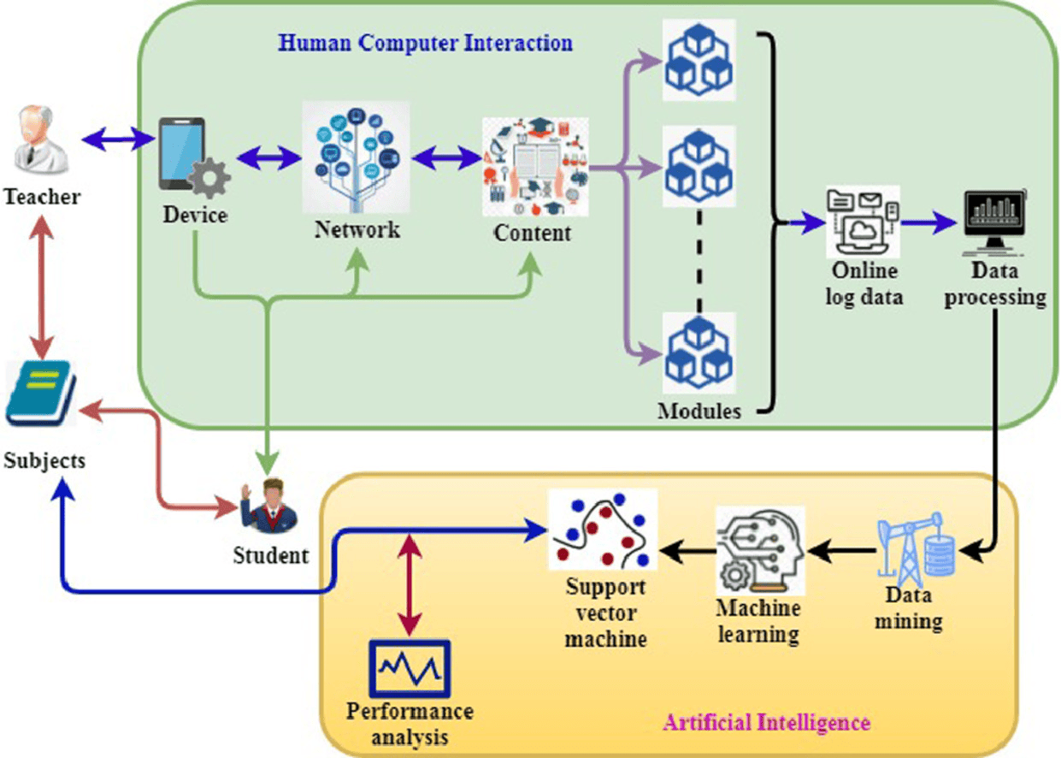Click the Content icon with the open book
click(536, 166)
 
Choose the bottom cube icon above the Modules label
click(699, 352)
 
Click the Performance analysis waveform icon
click(410, 668)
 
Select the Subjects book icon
click(39, 394)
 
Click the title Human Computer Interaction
click(426, 42)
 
